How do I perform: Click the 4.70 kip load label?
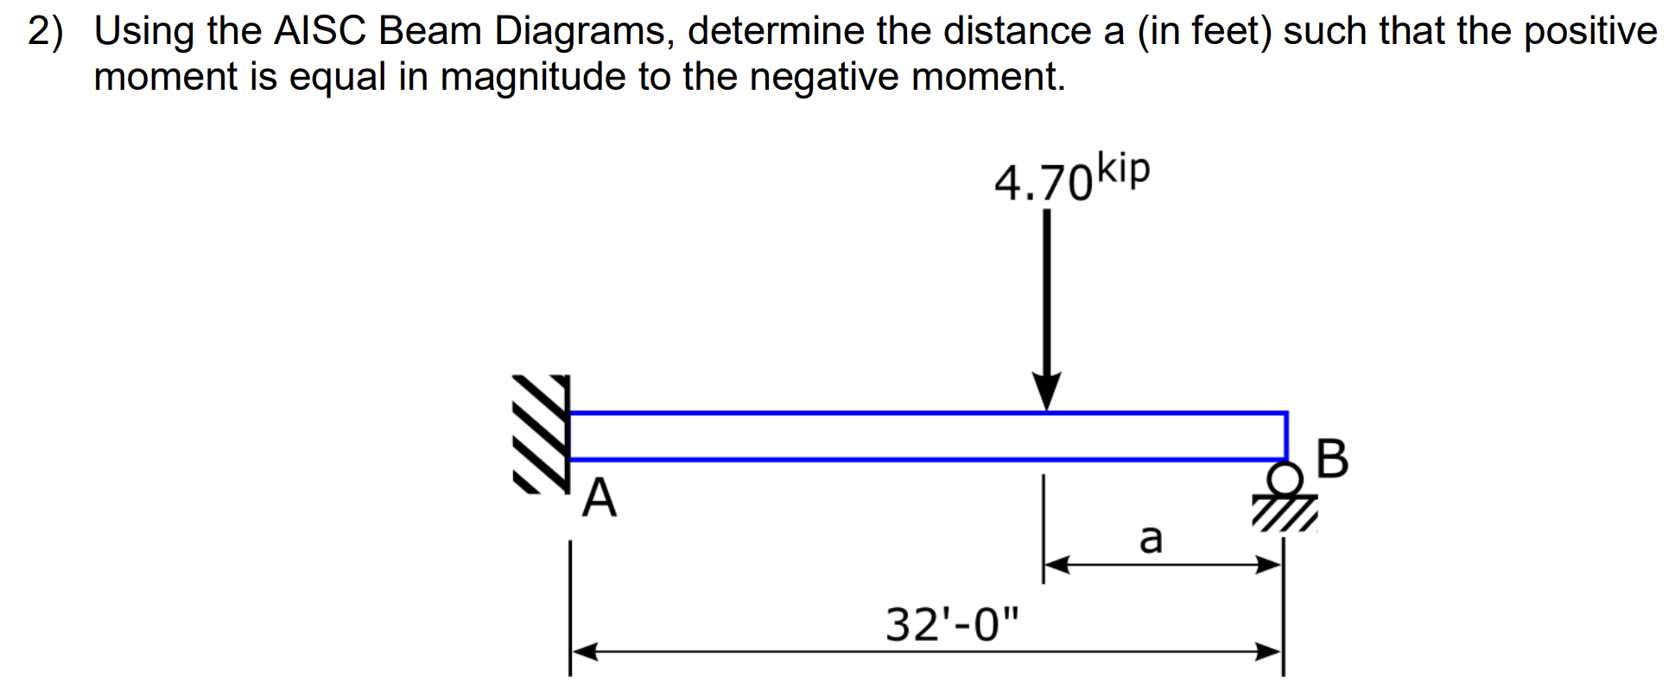[1071, 179]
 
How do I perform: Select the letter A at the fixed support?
[600, 499]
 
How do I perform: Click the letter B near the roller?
[1333, 459]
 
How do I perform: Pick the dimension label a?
[1151, 538]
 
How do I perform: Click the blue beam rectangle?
[929, 436]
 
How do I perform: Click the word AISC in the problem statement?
[320, 33]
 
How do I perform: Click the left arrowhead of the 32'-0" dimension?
[584, 651]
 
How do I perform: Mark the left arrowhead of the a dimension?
[1057, 565]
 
